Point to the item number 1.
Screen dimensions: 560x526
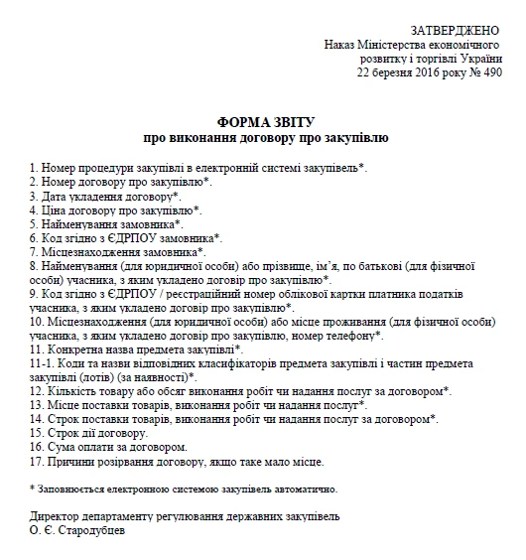pos(34,168)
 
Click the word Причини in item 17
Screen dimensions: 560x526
pos(71,460)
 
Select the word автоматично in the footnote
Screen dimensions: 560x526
pos(306,489)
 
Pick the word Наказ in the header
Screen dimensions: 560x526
pos(341,46)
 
